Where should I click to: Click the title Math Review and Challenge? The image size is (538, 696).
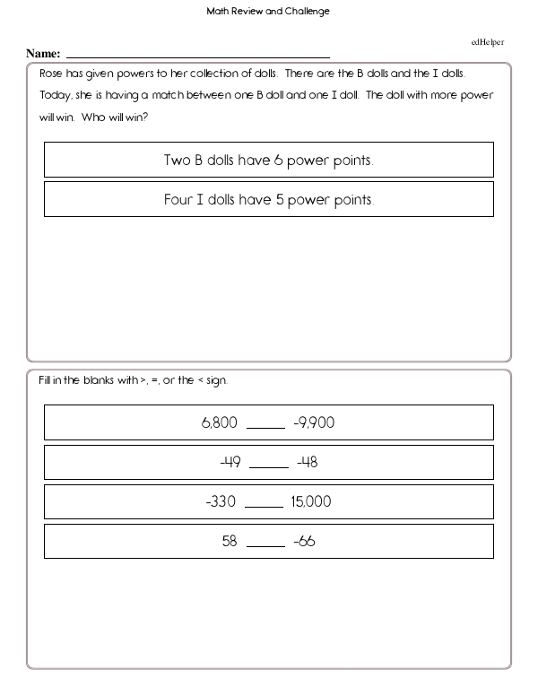point(268,12)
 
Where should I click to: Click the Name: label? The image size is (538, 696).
point(43,55)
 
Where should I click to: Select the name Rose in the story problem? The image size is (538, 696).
point(52,74)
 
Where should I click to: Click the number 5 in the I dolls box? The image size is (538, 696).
point(280,200)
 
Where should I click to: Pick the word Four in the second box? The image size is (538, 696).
point(178,200)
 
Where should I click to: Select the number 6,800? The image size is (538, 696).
point(220,422)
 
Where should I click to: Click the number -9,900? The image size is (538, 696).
point(313,422)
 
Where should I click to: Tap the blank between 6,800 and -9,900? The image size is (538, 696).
point(265,426)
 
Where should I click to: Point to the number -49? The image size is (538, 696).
point(231,463)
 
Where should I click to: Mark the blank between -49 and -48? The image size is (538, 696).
point(268,466)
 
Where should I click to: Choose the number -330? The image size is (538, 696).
point(221,502)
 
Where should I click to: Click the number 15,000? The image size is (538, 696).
point(311,502)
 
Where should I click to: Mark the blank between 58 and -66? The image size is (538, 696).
point(265,545)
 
